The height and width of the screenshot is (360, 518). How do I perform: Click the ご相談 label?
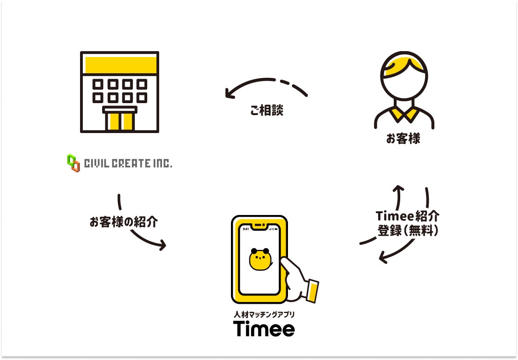click(267, 110)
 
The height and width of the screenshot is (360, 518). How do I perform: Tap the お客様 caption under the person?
click(403, 139)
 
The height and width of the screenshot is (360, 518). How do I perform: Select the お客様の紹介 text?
click(123, 222)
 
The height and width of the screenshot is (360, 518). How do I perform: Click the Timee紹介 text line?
click(407, 216)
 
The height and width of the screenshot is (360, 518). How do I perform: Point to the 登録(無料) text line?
click(408, 230)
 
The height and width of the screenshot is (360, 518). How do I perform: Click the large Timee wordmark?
click(264, 329)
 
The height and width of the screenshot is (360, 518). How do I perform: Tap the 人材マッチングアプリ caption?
click(264, 314)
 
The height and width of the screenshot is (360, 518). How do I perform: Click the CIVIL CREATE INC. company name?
click(128, 163)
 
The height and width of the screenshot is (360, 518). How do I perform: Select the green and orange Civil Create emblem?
click(73, 163)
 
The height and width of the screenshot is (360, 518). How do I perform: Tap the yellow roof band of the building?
click(120, 64)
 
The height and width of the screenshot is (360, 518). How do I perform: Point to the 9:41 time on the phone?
click(246, 229)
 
